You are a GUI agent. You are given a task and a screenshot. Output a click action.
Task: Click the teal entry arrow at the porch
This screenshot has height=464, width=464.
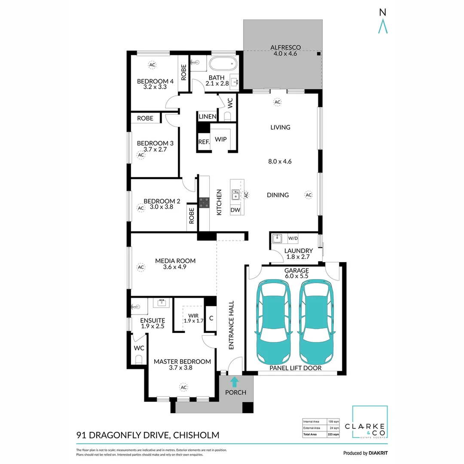coord(235,382)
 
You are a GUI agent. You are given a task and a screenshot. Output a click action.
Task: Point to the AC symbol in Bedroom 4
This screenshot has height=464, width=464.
coord(152,65)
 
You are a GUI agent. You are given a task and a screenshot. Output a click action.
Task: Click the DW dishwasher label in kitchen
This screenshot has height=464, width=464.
coord(235,210)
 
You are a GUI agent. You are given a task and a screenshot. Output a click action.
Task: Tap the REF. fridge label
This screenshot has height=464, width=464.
coord(204,142)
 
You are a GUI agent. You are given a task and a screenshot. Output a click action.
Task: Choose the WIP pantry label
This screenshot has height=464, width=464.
coord(221,140)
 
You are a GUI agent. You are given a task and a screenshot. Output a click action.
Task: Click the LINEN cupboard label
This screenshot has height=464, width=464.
coord(207,117)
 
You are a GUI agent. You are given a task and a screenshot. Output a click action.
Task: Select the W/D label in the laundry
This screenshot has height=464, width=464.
coord(293,238)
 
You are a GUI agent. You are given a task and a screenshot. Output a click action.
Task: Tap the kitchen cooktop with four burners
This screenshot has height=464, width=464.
coord(204,203)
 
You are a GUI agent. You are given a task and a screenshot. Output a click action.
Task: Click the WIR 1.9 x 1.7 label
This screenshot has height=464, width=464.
coord(193,318)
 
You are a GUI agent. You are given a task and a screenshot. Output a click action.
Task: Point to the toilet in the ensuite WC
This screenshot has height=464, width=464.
coord(138,359)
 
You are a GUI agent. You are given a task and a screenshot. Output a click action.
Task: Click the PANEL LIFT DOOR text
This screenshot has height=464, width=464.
coord(295,368)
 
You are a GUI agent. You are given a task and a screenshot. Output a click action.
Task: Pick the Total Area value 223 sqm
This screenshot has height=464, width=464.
coord(333,435)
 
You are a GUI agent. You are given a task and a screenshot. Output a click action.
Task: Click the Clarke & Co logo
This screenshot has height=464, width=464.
coord(370,422)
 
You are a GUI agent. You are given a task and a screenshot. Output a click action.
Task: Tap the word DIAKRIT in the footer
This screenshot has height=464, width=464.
coord(378,453)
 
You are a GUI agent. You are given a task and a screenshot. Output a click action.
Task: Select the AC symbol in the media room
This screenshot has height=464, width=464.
coord(140,267)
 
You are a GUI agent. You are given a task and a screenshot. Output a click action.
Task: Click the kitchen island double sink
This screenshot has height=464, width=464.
coord(235,195)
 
